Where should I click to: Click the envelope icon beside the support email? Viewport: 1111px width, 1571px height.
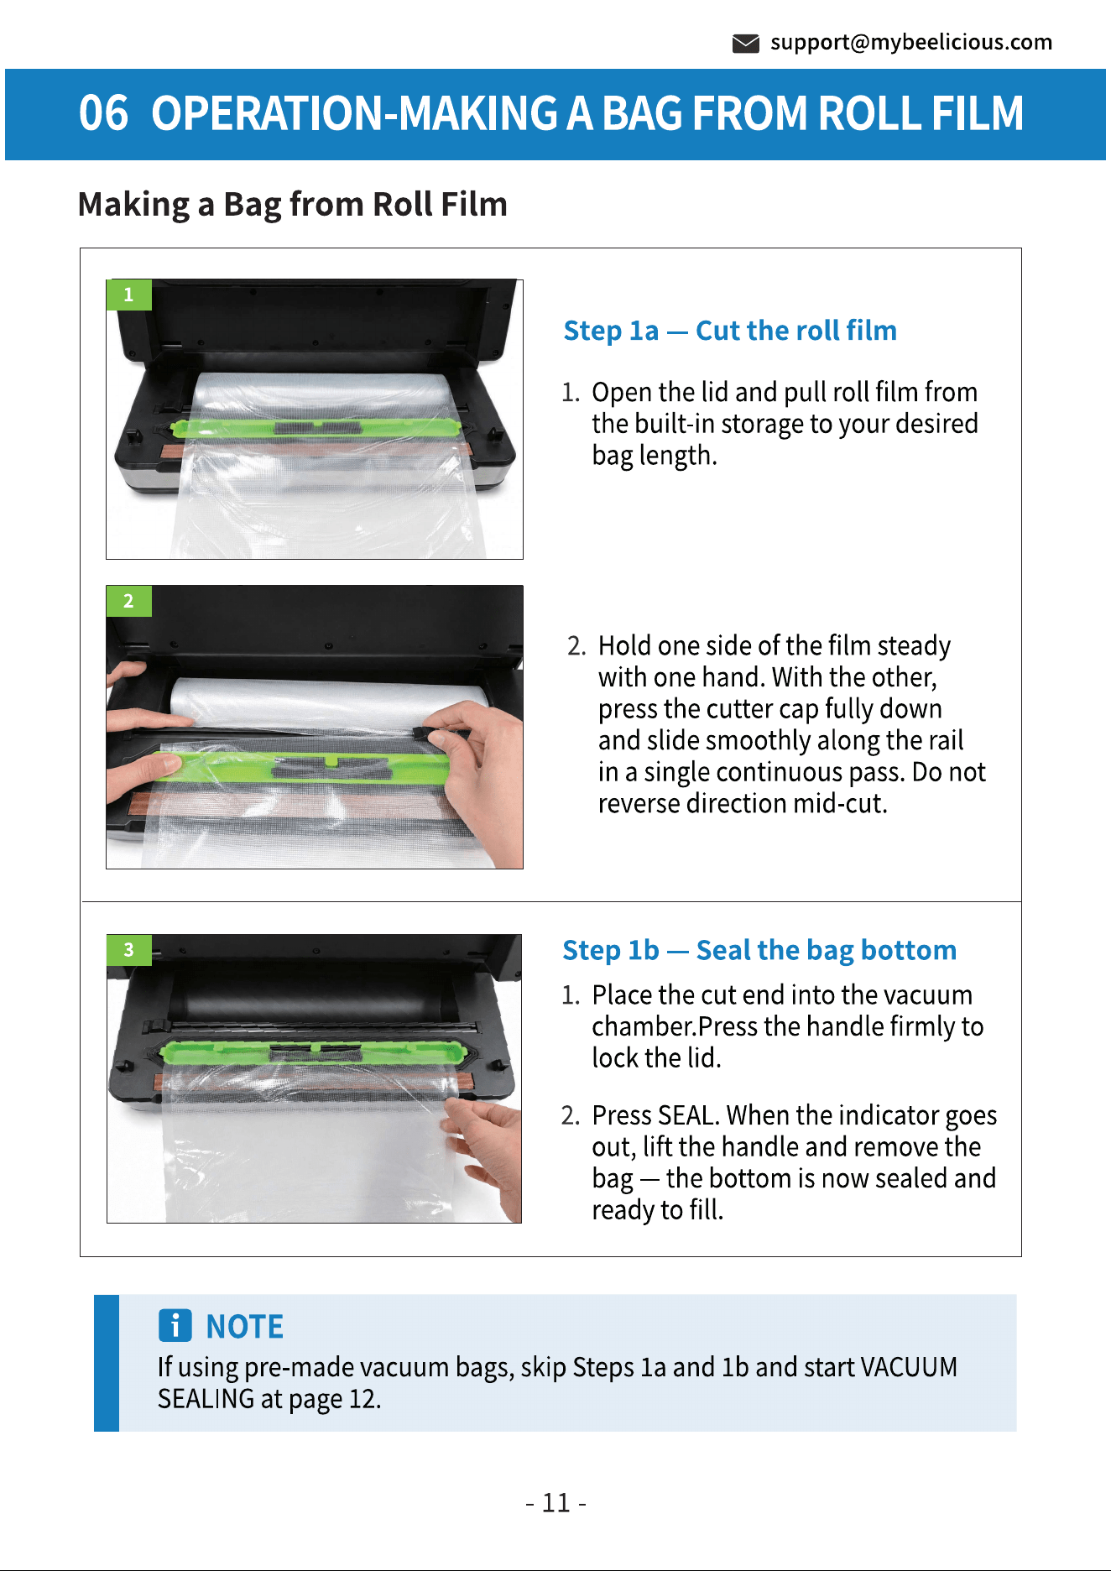click(x=745, y=44)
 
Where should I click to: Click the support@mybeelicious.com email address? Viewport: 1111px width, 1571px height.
click(x=911, y=42)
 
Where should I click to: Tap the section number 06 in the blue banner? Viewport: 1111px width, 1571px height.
click(x=103, y=113)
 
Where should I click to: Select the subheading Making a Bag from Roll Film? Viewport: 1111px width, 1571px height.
click(x=293, y=204)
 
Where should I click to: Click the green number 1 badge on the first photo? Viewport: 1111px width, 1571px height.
click(x=128, y=295)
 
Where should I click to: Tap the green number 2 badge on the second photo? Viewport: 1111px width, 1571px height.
click(x=128, y=601)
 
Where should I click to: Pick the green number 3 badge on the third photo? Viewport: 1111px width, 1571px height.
click(x=128, y=949)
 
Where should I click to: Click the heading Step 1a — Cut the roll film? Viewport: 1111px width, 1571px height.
click(x=730, y=331)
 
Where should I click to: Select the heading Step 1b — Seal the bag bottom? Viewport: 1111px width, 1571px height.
click(x=759, y=950)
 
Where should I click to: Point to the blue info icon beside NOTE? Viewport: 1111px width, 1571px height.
click(x=175, y=1326)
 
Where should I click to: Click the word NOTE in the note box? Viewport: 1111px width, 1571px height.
click(x=245, y=1327)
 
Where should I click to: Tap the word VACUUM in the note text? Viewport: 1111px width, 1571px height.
click(x=909, y=1367)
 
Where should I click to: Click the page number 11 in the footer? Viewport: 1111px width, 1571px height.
click(x=555, y=1502)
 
